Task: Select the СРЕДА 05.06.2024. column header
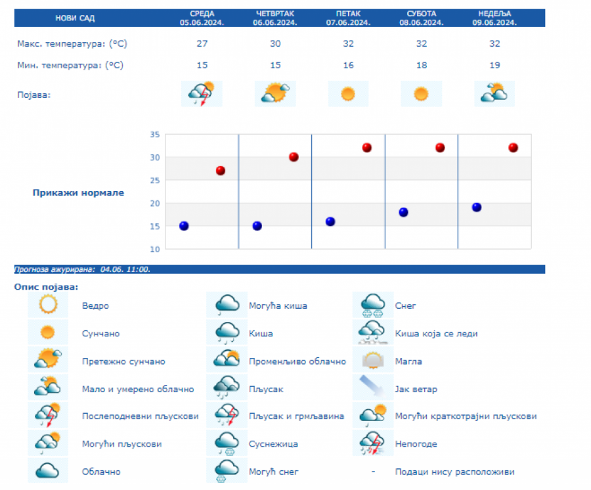coord(202,18)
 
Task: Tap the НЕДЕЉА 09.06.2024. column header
coord(494,18)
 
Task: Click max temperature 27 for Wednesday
coord(202,44)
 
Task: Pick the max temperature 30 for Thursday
coord(275,44)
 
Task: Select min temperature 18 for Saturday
coord(421,65)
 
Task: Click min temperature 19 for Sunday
coord(494,65)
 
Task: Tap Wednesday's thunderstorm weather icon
coord(202,94)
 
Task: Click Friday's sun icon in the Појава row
coord(348,94)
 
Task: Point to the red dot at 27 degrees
coord(221,171)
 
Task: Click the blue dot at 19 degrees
coord(477,208)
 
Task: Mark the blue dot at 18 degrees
coord(403,212)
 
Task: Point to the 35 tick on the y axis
coord(155,135)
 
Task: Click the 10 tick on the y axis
coord(155,249)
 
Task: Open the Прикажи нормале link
coord(78,193)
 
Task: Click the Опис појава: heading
coord(46,287)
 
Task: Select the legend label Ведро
coord(96,306)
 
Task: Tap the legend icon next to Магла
coord(373,361)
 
